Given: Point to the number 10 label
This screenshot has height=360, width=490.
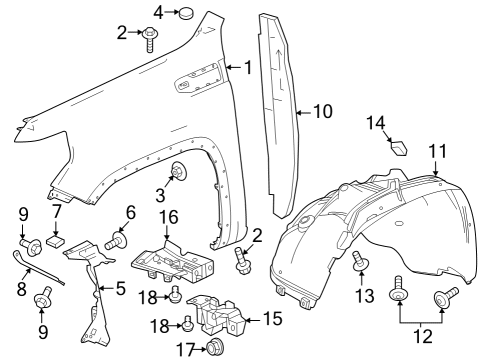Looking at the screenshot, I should coord(321,112).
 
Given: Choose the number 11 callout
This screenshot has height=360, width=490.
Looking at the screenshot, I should coord(438,150).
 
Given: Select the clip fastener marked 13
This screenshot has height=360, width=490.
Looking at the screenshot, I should coord(361,263).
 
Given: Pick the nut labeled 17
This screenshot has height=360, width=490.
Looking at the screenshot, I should coord(212,348).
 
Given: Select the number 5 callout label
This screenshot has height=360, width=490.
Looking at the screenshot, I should coord(121,290).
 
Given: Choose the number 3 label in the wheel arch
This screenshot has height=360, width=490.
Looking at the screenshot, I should coord(159,193).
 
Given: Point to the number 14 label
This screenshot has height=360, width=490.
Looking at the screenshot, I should coord(376,123).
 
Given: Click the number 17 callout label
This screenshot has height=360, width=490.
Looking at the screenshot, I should coord(184,348).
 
